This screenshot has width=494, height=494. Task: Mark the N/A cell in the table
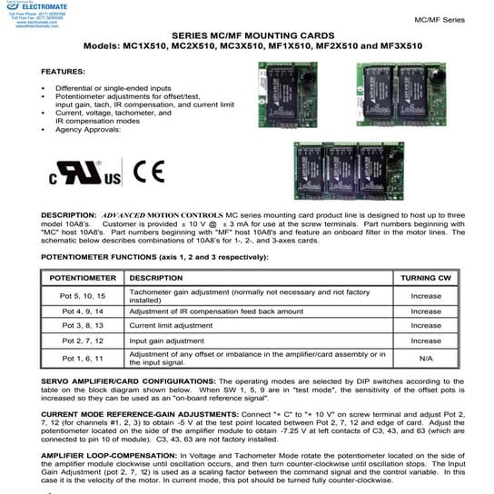point(425,357)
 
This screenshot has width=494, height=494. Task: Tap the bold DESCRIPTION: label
point(69,215)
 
